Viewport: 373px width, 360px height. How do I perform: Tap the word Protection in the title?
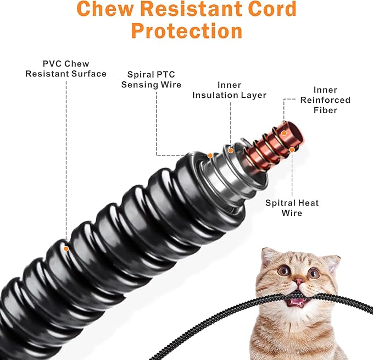pyautogui.click(x=187, y=30)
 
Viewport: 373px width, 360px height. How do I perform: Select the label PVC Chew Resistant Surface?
pyautogui.click(x=65, y=69)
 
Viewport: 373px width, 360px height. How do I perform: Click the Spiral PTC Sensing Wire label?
pyautogui.click(x=151, y=79)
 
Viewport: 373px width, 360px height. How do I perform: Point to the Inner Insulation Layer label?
pyautogui.click(x=234, y=90)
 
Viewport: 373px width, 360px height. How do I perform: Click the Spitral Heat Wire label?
pyautogui.click(x=292, y=208)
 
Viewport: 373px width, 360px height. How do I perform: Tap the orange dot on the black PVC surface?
pyautogui.click(x=66, y=248)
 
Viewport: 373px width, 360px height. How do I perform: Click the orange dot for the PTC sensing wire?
pyautogui.click(x=210, y=156)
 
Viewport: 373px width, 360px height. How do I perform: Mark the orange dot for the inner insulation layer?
pyautogui.click(x=231, y=149)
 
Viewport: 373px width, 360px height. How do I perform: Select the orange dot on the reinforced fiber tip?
pyautogui.click(x=283, y=132)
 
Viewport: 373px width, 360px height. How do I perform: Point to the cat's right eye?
pyautogui.click(x=314, y=273)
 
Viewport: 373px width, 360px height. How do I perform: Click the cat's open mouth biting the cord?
pyautogui.click(x=297, y=300)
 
